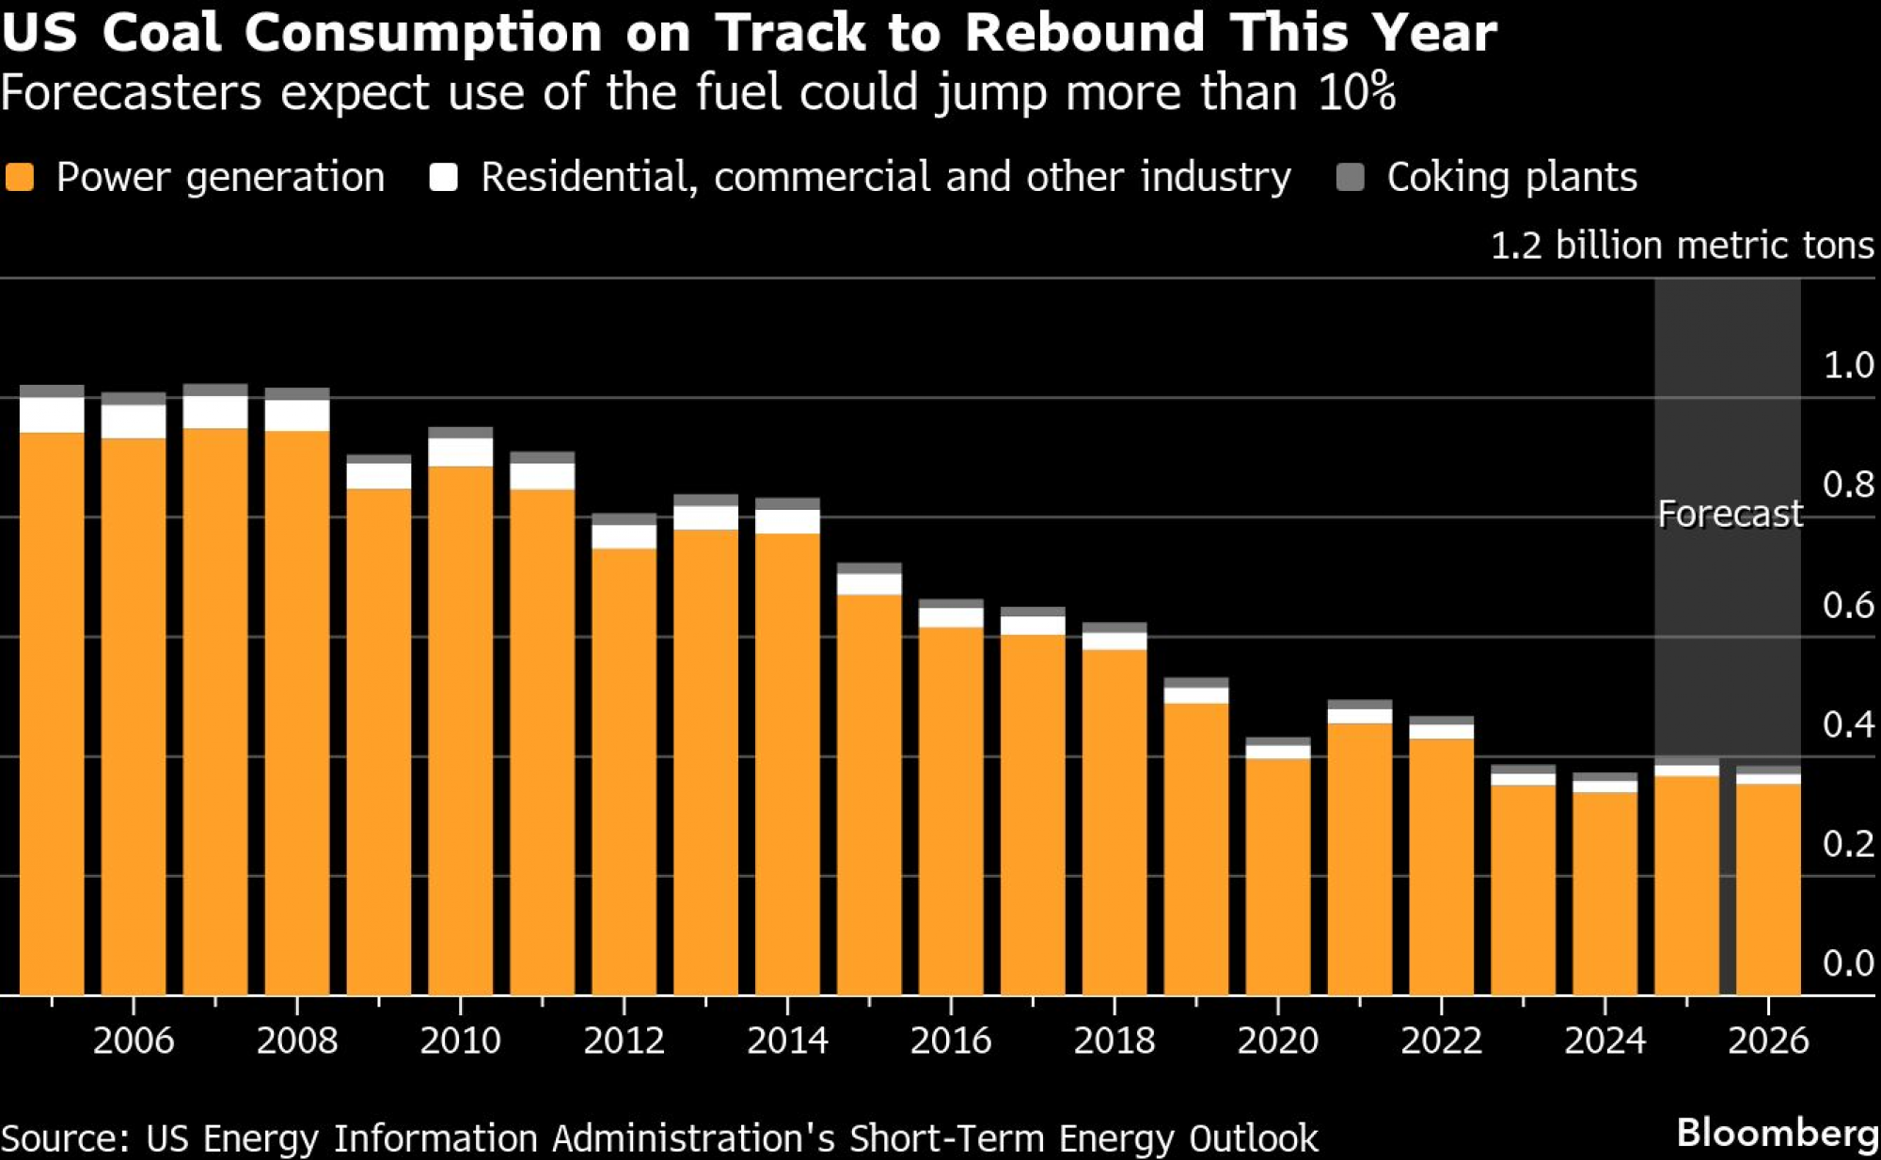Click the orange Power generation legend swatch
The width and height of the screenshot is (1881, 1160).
pyautogui.click(x=20, y=177)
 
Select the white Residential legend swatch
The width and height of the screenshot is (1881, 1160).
pyautogui.click(x=443, y=177)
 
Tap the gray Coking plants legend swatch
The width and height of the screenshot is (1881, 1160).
pyautogui.click(x=1350, y=177)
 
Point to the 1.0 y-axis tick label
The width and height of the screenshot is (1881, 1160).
pyautogui.click(x=1848, y=365)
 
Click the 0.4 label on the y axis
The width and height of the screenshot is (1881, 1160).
pyautogui.click(x=1848, y=724)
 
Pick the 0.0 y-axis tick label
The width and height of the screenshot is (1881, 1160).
pyautogui.click(x=1848, y=963)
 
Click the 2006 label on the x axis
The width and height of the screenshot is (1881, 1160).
pyautogui.click(x=134, y=1041)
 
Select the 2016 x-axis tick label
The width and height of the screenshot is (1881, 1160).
pyautogui.click(x=951, y=1041)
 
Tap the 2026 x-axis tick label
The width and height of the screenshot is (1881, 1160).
pyautogui.click(x=1768, y=1041)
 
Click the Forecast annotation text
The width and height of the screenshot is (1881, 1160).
pyautogui.click(x=1730, y=514)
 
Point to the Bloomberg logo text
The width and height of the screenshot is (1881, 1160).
pyautogui.click(x=1778, y=1133)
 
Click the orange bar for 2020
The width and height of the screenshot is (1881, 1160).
pyautogui.click(x=1278, y=875)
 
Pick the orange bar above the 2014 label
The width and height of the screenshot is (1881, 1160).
pyautogui.click(x=787, y=762)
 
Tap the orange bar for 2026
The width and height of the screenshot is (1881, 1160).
pyautogui.click(x=1768, y=889)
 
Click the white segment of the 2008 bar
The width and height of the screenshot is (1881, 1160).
pyautogui.click(x=297, y=416)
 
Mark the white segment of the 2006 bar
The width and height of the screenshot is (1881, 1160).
pyautogui.click(x=134, y=421)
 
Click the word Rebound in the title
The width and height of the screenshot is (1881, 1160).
pyautogui.click(x=1084, y=32)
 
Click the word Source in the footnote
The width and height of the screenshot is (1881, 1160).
pyautogui.click(x=64, y=1138)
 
